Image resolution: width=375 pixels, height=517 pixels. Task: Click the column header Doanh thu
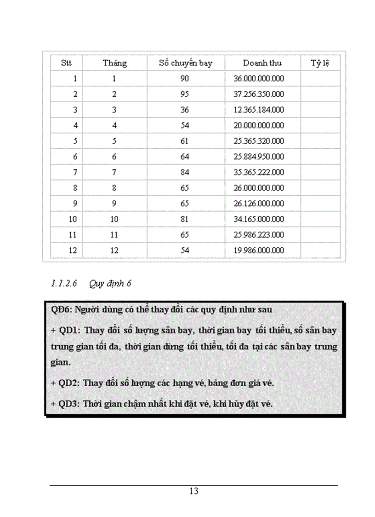(262, 63)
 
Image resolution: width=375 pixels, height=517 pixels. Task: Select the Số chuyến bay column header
(186, 63)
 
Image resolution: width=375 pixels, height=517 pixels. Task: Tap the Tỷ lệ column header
(320, 63)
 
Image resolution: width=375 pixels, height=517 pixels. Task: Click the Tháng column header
(114, 63)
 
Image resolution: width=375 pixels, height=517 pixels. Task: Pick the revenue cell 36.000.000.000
(259, 79)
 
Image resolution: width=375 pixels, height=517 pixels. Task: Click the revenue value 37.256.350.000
(259, 94)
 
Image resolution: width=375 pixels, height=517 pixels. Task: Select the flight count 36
(185, 110)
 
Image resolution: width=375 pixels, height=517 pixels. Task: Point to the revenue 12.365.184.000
(259, 110)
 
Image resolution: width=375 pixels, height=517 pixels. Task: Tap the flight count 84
(185, 173)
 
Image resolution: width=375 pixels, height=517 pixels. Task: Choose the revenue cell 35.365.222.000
(259, 173)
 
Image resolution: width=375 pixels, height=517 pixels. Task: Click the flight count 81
(185, 220)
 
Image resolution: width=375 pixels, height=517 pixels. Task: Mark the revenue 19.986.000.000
(259, 251)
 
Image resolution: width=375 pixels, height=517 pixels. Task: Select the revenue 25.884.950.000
(259, 157)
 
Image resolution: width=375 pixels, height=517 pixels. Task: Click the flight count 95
(185, 94)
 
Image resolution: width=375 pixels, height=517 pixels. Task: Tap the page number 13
(193, 491)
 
